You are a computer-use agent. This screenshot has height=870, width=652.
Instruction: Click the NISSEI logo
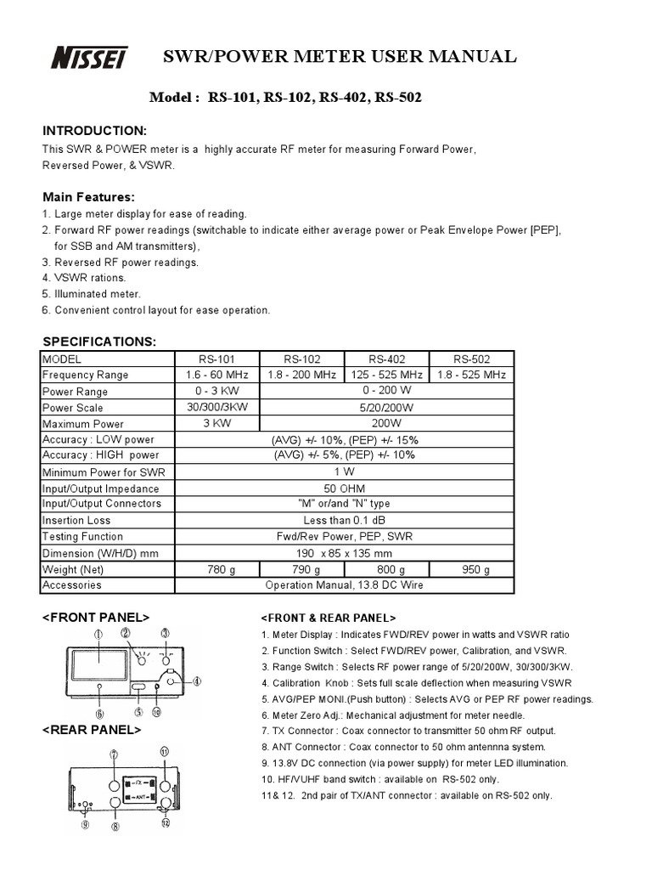coord(89,58)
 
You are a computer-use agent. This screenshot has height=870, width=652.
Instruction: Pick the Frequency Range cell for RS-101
coord(216,375)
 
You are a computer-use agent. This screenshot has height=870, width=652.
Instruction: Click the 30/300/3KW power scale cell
coord(216,407)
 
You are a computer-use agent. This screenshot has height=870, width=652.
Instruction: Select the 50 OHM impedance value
coord(344,489)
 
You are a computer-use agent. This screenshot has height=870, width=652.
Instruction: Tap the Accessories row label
coord(71,585)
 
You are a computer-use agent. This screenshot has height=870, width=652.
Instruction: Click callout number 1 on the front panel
coord(98,634)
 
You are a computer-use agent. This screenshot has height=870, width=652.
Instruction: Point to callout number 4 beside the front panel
coord(196,681)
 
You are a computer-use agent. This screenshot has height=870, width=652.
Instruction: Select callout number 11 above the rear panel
coord(165,751)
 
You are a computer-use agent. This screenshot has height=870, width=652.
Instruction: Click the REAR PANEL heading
coord(92,730)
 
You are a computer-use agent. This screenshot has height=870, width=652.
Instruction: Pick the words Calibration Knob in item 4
coord(308,682)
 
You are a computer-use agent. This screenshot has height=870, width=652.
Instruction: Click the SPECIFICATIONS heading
coord(99,341)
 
